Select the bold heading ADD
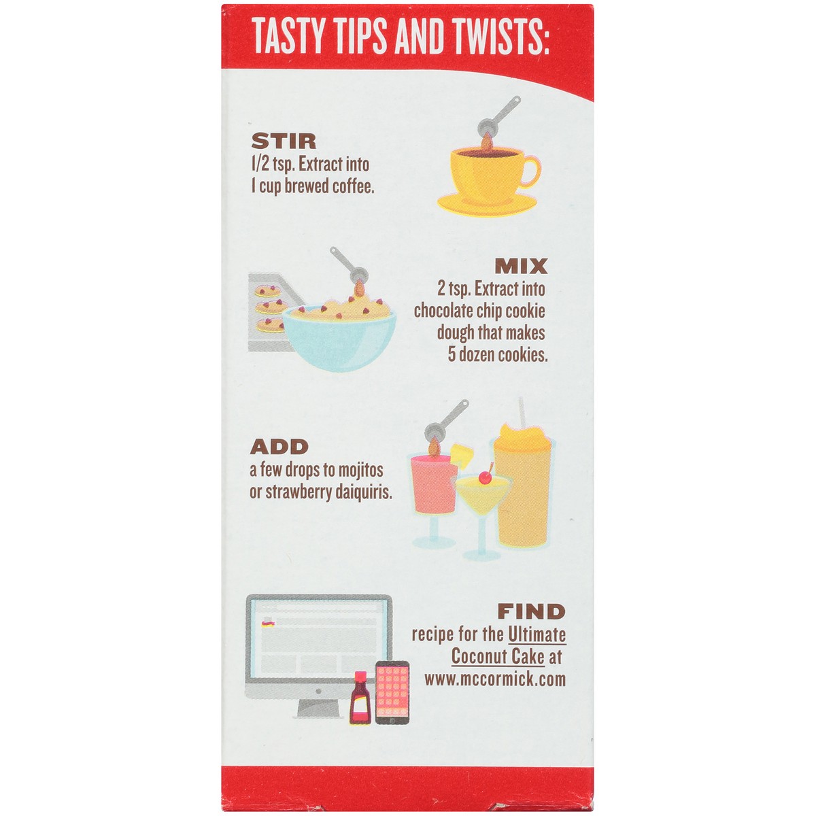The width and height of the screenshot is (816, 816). tap(279, 447)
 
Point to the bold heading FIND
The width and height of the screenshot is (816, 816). tap(531, 611)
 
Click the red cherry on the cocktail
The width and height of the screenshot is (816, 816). tap(486, 477)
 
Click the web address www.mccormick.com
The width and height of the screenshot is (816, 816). tap(495, 679)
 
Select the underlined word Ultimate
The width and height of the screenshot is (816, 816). tap(537, 634)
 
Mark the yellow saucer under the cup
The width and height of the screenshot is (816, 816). tap(486, 201)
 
